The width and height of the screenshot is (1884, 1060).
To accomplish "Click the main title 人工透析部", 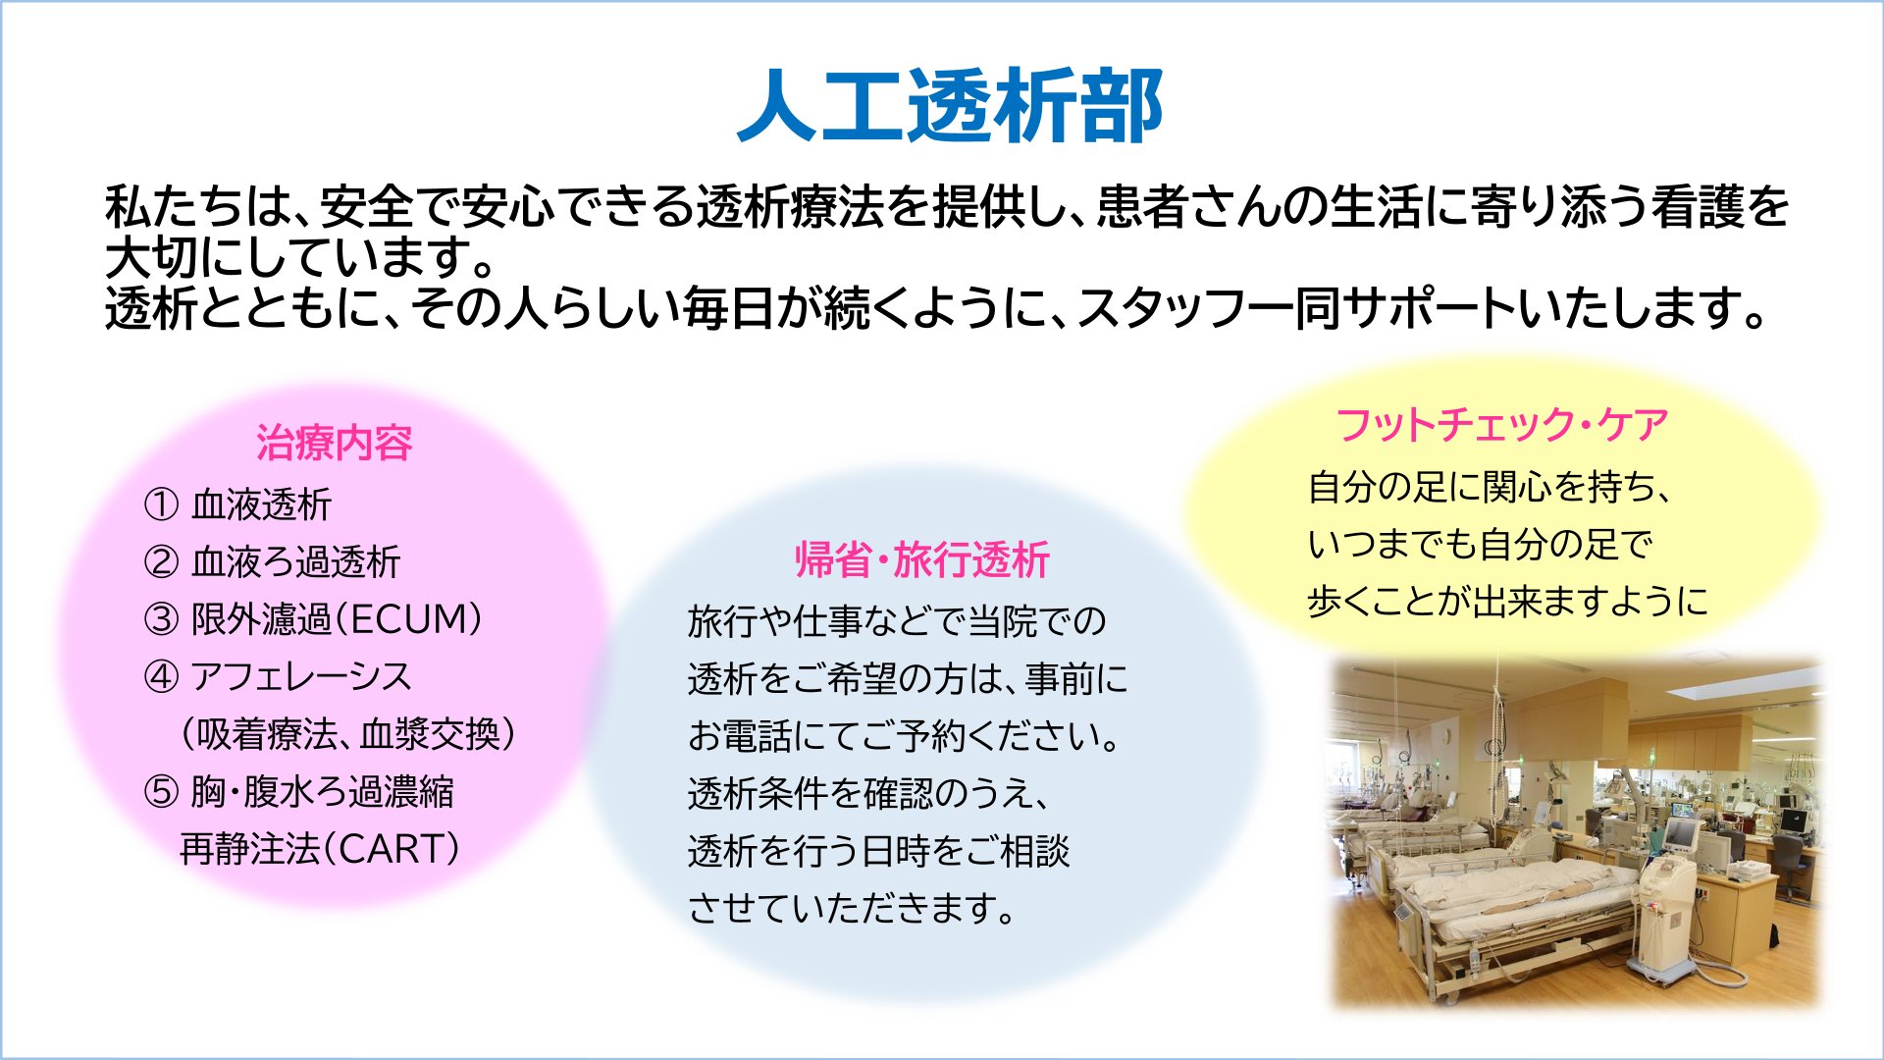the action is (x=950, y=106).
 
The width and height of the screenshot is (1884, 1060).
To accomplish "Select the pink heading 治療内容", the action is (x=335, y=443).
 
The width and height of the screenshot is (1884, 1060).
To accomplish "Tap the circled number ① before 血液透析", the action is (x=161, y=504).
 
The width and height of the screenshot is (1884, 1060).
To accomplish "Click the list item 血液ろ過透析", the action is (x=295, y=561).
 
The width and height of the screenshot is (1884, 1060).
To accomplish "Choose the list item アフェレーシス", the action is (x=301, y=676).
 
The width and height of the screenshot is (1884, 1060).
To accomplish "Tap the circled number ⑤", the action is (x=161, y=791).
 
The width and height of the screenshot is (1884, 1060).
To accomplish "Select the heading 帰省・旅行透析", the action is (x=922, y=559).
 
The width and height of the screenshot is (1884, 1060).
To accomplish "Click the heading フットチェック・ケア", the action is (x=1502, y=425).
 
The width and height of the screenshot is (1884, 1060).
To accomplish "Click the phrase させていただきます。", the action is (x=852, y=908).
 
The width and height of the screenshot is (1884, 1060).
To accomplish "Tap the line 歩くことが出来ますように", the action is (x=1507, y=601).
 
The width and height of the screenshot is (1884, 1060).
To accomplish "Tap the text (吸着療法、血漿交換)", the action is (x=348, y=734).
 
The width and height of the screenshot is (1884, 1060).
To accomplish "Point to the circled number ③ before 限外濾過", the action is (x=161, y=619).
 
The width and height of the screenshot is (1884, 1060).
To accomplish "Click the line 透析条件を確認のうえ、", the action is (x=869, y=793).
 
